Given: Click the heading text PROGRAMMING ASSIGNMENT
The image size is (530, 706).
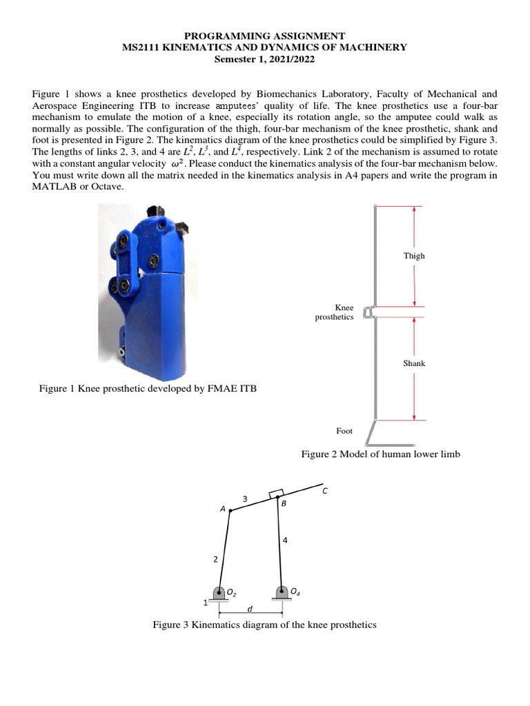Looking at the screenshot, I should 264,35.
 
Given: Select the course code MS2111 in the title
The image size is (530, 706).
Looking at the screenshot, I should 140,47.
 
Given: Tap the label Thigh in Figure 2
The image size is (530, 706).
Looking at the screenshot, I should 414,256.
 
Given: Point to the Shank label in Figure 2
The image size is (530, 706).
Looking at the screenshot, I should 414,363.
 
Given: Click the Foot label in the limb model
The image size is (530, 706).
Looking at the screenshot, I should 344,430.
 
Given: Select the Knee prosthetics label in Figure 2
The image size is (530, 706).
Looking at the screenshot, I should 335,312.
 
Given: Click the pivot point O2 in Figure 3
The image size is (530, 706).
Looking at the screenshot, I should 219,592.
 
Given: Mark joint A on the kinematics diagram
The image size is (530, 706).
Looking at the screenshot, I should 230,511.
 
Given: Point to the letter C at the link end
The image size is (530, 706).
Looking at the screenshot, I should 325,491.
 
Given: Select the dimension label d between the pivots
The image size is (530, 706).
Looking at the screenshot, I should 249,609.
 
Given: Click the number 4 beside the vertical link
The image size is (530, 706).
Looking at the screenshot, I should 284,541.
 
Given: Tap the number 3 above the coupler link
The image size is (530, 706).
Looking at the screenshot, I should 244,498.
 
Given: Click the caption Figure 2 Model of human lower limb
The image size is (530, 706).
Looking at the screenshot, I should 380,454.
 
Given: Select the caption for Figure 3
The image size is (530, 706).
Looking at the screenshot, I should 264,625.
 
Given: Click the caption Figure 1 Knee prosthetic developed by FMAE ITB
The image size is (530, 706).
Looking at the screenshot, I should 148,389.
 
